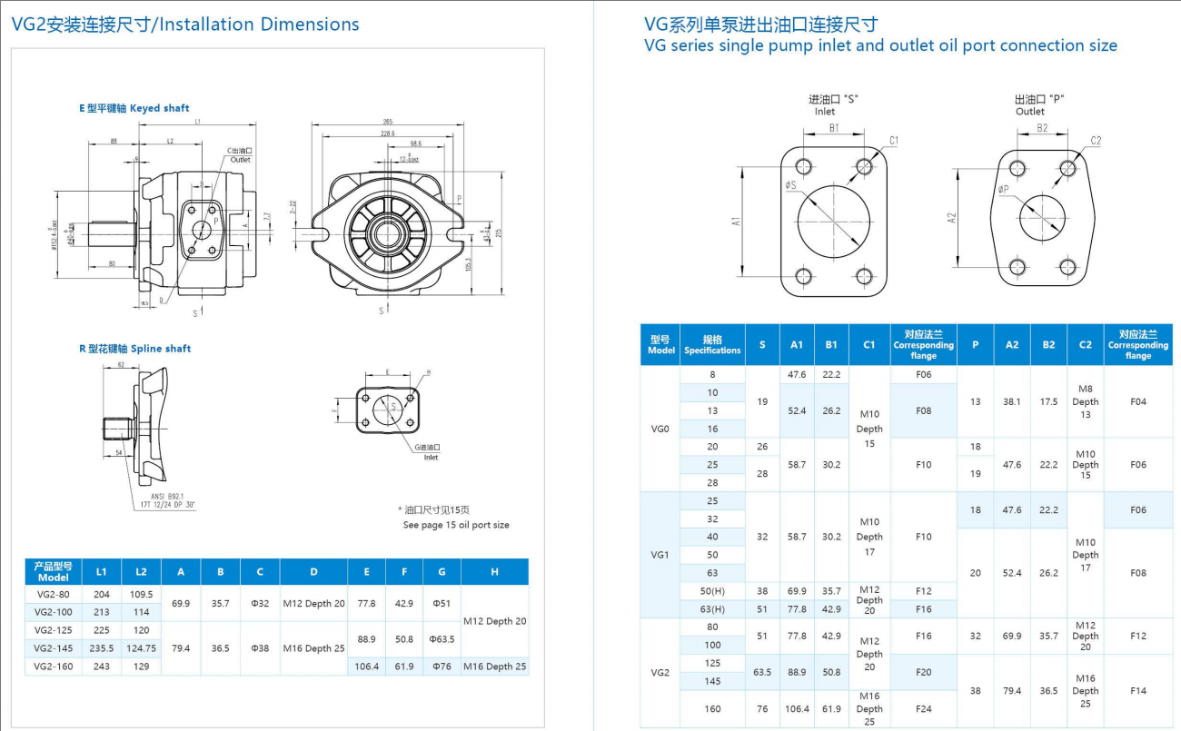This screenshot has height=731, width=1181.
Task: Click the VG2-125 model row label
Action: [54, 629]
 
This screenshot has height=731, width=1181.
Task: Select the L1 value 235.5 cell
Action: [102, 648]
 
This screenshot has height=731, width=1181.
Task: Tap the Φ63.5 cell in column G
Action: [442, 638]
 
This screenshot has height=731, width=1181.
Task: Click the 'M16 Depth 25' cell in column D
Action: [313, 648]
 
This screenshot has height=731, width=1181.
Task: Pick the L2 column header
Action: [141, 571]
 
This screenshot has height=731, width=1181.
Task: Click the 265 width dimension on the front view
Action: [388, 122]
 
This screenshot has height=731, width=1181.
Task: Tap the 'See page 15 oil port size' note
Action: [456, 525]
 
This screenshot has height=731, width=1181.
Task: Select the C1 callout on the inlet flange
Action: [894, 140]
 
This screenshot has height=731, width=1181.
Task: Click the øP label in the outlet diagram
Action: [1003, 190]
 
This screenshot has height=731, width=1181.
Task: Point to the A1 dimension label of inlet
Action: [736, 221]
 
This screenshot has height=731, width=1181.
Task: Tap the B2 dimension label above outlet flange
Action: [1042, 128]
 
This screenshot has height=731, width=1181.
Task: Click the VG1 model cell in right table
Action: [660, 554]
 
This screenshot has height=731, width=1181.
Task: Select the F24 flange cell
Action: [923, 708]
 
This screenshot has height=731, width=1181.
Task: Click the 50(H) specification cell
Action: [712, 591]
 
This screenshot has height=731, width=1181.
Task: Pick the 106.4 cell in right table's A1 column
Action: [796, 708]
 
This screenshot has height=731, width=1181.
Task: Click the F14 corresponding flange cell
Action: [1137, 690]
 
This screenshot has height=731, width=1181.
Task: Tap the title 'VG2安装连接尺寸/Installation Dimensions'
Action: [185, 25]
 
